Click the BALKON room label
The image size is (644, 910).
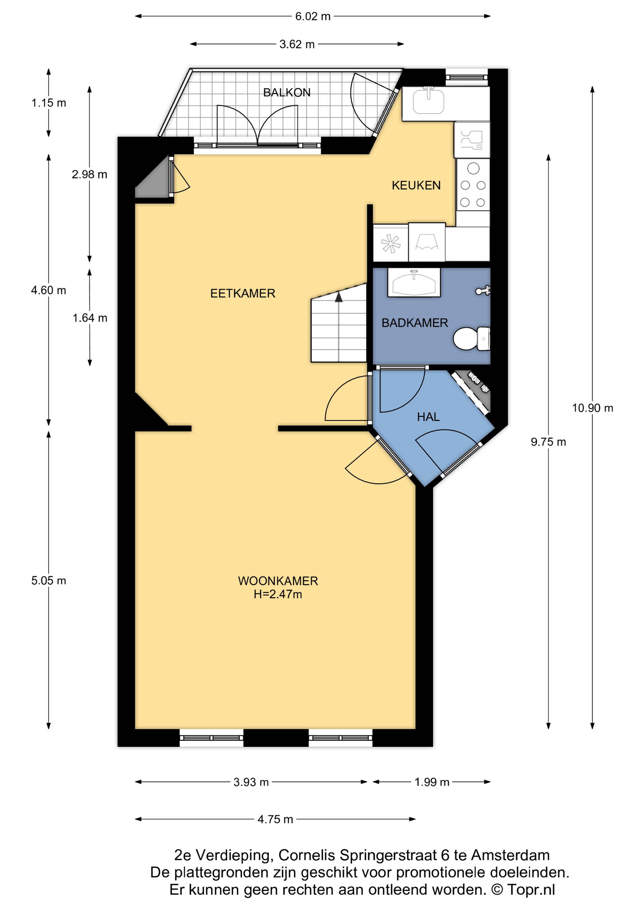287,93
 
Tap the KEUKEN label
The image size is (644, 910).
416,185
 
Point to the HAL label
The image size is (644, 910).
428,417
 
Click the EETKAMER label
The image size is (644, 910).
243,293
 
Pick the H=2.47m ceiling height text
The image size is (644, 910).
278,594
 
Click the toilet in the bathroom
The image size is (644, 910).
472,339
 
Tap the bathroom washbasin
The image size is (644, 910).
414,282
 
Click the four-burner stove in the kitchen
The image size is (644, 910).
473,185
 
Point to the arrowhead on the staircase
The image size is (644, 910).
339,297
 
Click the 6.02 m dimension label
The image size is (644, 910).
313,16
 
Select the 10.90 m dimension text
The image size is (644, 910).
592,408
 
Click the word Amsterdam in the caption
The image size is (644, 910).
511,855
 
